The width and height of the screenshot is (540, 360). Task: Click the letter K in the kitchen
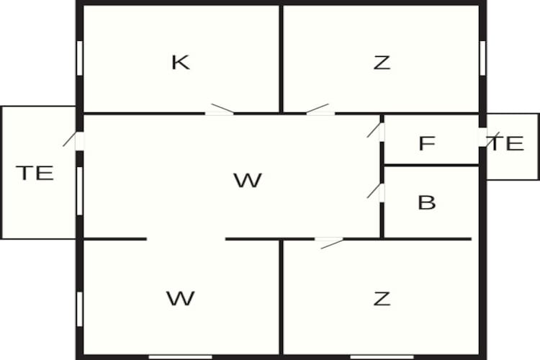tap(181, 63)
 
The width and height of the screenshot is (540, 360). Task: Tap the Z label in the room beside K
tap(382, 63)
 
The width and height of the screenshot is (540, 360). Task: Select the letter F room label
tap(427, 143)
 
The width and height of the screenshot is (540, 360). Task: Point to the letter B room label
tap(427, 202)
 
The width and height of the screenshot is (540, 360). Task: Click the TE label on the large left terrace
tap(35, 173)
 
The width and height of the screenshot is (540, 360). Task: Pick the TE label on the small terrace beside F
tap(507, 143)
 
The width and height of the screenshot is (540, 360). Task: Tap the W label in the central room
tap(248, 180)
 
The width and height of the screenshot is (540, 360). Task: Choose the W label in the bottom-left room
tap(181, 298)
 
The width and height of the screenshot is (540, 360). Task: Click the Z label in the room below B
tap(382, 299)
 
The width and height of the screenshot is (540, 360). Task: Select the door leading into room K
tap(220, 109)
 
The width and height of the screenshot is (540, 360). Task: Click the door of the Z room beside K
tap(320, 109)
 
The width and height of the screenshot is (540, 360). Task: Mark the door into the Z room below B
tap(329, 243)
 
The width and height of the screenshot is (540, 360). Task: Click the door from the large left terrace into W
tap(73, 140)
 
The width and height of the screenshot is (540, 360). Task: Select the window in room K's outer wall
tap(79, 58)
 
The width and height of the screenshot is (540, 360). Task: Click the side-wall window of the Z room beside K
tap(482, 58)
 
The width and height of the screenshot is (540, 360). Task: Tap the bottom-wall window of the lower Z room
tap(382, 357)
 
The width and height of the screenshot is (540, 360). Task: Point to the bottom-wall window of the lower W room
tap(181, 357)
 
